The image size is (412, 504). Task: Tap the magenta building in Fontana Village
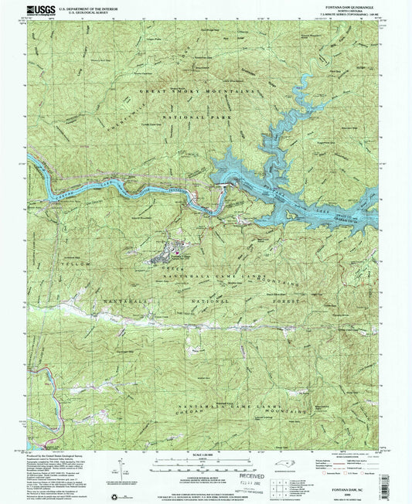click(x=180, y=250)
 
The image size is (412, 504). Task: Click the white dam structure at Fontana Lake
click(x=223, y=186)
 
